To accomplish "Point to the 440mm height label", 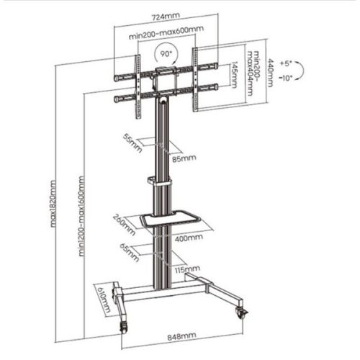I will pos(271,72).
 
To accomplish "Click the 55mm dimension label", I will pos(130,142).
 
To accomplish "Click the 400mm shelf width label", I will pos(186,238).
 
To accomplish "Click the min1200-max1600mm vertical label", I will pos(83,216).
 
